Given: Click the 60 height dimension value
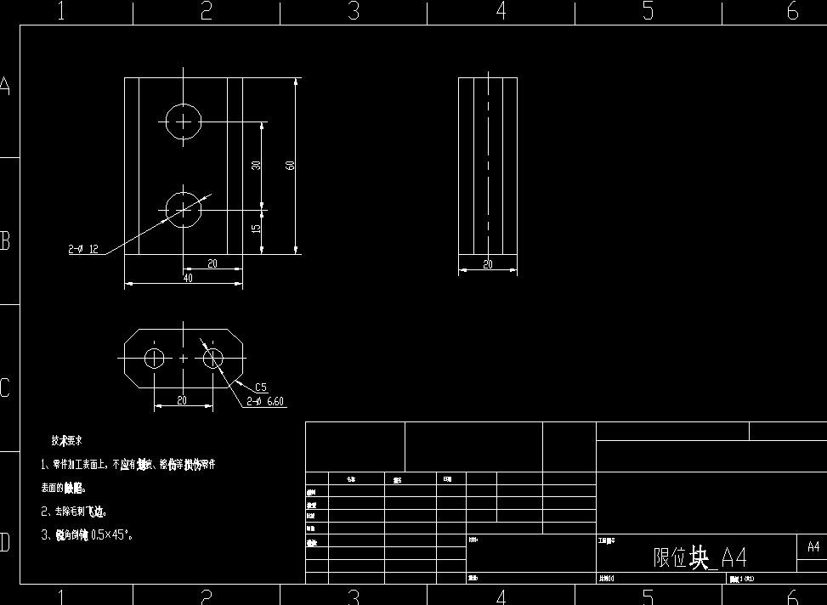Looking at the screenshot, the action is click(290, 166).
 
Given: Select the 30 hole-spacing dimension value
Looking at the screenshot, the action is click(256, 166).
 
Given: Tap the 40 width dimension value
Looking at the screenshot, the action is click(187, 277).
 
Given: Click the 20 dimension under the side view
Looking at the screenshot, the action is click(488, 264).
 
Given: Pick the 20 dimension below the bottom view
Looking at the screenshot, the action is click(182, 400).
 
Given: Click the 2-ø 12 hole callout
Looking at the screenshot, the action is click(84, 250).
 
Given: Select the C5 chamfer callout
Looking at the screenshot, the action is click(261, 387).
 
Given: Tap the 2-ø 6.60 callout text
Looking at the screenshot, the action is click(265, 401).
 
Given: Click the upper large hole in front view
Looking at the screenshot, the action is click(184, 122).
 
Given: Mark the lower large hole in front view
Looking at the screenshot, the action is click(184, 208).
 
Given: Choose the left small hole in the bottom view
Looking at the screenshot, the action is click(154, 359).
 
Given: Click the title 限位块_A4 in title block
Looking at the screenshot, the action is click(700, 557).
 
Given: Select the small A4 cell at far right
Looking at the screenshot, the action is click(813, 546).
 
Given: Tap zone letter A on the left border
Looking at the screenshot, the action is click(5, 87).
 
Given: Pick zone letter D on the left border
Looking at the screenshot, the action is click(5, 542).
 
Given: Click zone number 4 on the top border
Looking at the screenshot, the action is click(501, 11).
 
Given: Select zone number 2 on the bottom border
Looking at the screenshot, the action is click(206, 597).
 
